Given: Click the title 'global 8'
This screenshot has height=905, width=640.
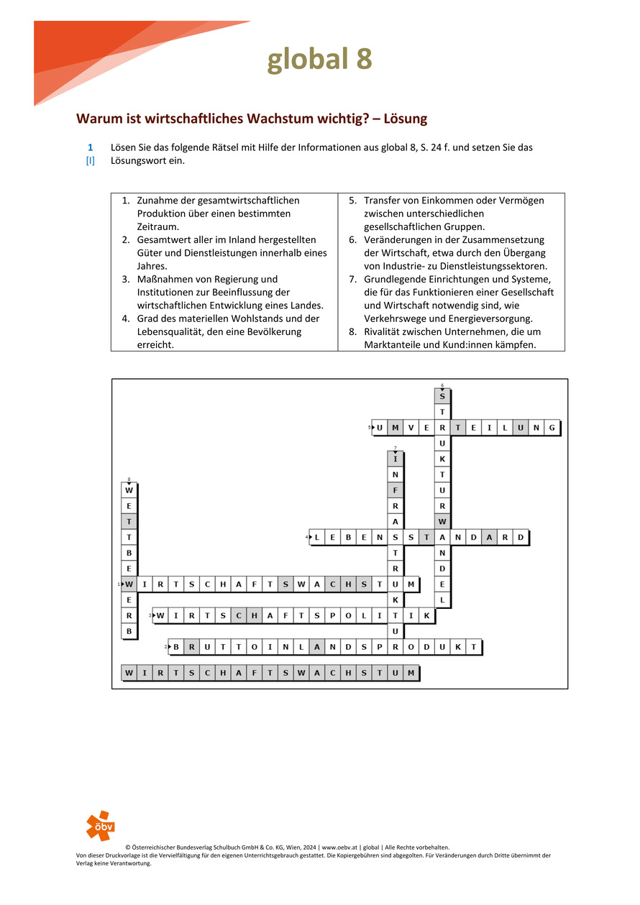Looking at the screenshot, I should click(x=319, y=60).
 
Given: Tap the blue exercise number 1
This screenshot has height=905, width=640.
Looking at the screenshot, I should click(x=91, y=147).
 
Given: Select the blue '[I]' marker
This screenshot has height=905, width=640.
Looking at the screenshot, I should click(x=91, y=160).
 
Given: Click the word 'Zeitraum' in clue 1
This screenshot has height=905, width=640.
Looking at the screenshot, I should click(x=157, y=226).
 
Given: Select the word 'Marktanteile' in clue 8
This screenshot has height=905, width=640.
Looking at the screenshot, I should click(x=392, y=345).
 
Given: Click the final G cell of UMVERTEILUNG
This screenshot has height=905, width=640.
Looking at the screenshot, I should click(x=552, y=428).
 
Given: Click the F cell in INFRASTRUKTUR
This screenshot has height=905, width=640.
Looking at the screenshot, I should click(x=396, y=490).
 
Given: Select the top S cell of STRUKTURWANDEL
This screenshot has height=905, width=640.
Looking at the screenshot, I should click(x=442, y=396).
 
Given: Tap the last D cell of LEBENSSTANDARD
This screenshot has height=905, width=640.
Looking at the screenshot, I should click(x=521, y=537).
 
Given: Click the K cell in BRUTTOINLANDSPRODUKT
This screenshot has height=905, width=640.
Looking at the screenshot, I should click(x=458, y=647).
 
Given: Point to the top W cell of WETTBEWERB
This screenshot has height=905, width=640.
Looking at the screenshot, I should click(x=129, y=490).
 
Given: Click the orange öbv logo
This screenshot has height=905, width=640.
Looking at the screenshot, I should click(x=100, y=824).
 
